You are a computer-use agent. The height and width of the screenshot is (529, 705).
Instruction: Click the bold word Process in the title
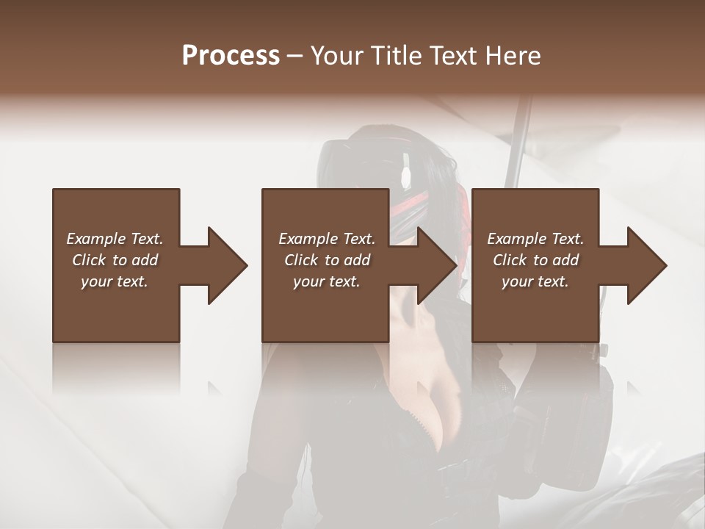pos(231,56)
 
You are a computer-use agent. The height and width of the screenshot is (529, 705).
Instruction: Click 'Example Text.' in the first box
pos(115,239)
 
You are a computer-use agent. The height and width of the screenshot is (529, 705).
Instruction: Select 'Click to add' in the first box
pos(115,260)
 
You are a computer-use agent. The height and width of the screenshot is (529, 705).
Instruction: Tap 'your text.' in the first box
pos(115,281)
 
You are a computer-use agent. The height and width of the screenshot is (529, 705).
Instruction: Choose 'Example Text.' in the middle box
pos(327,239)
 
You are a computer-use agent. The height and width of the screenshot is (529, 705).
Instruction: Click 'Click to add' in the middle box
pos(327,260)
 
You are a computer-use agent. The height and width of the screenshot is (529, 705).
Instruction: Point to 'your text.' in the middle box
pos(327,281)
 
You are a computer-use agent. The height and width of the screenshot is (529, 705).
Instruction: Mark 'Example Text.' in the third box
pos(535,239)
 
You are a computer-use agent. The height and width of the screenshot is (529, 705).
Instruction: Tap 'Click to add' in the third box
pos(535,260)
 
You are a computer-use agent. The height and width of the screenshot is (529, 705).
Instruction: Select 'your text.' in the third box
pos(535,281)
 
